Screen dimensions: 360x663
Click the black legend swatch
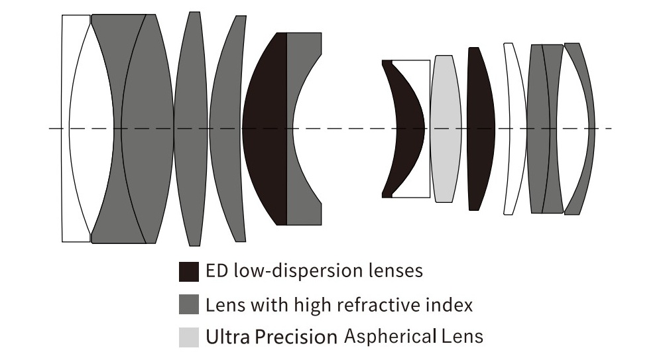pos(189,271)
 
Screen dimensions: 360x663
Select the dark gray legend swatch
pos(189,304)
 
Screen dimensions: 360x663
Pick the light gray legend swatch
pos(189,337)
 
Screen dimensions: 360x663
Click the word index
pos(452,304)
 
